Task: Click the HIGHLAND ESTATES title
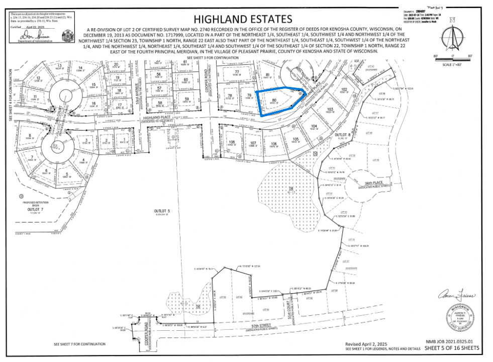(x=243, y=19)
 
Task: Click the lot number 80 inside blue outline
(x=273, y=100)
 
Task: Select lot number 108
(x=232, y=142)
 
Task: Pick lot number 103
(x=330, y=109)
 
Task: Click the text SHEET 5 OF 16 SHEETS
(x=452, y=348)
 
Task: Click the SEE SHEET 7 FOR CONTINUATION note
(x=80, y=344)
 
